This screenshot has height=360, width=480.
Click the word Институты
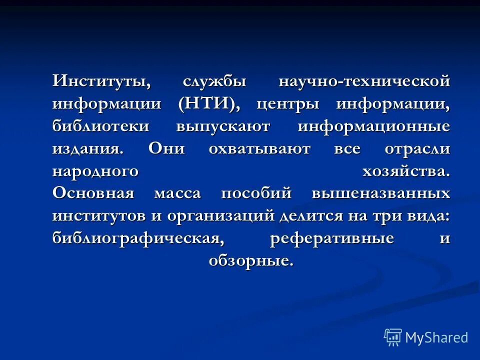click(101, 81)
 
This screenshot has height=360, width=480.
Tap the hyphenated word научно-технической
click(364, 81)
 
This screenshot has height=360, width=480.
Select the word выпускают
click(222, 127)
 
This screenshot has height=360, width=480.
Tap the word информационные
click(373, 127)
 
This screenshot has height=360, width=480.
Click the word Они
click(166, 149)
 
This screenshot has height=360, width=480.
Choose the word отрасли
click(417, 149)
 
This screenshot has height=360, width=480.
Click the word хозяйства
click(405, 171)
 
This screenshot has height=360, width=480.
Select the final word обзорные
click(250, 261)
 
